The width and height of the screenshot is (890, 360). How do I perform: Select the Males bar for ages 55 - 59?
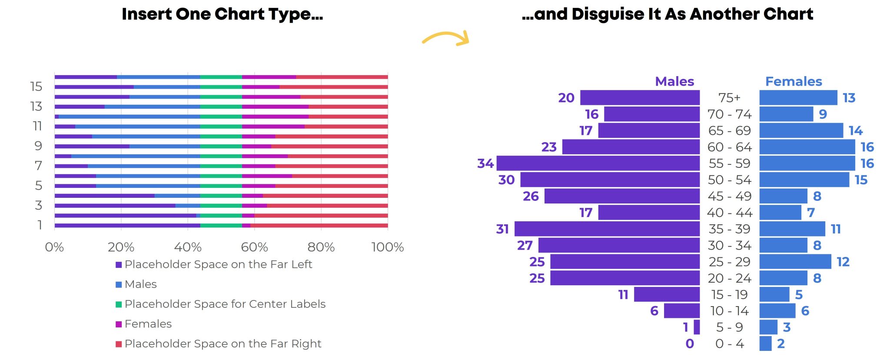click(598, 163)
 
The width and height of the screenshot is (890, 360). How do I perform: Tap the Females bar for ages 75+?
click(798, 98)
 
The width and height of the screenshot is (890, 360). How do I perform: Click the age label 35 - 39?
click(730, 229)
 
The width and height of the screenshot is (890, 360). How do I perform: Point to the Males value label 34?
click(485, 163)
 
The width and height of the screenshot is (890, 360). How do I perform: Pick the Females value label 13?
click(849, 98)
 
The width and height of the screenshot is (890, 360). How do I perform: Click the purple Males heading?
click(674, 81)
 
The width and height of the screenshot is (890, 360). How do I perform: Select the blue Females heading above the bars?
click(794, 81)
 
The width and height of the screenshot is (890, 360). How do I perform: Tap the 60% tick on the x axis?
click(255, 247)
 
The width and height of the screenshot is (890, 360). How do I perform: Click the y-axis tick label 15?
click(37, 87)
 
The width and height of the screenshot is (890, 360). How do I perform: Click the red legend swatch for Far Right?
click(119, 344)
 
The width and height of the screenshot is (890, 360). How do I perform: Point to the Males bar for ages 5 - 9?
click(697, 327)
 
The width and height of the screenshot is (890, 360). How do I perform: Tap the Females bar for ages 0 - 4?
click(766, 343)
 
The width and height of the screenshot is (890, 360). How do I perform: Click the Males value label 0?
click(690, 344)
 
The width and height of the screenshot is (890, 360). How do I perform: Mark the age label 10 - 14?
click(730, 311)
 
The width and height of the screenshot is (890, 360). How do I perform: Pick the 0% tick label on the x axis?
click(55, 247)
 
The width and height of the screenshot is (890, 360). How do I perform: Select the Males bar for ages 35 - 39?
click(607, 229)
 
